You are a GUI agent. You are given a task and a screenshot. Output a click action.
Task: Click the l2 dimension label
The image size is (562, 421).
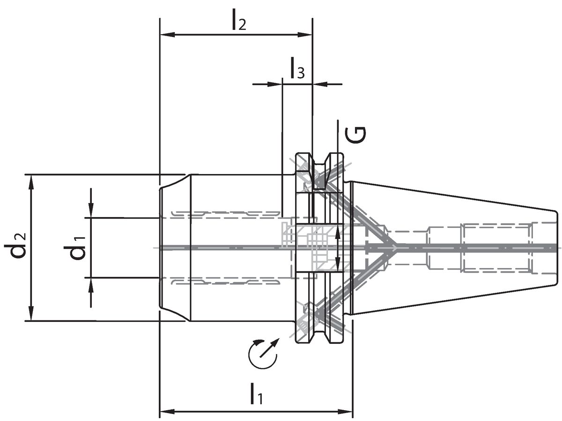[x=238, y=22]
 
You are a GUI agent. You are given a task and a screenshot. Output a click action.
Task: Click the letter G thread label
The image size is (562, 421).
[x=355, y=135]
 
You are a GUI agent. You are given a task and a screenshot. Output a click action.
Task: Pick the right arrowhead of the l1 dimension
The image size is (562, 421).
[x=346, y=412]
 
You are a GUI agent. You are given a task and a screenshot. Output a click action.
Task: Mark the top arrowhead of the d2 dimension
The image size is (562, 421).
[x=31, y=181]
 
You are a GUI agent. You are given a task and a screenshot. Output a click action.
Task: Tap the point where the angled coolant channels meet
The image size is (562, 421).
[x=396, y=247]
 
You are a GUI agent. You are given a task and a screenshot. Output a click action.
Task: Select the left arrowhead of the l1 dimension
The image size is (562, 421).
[x=167, y=412]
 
